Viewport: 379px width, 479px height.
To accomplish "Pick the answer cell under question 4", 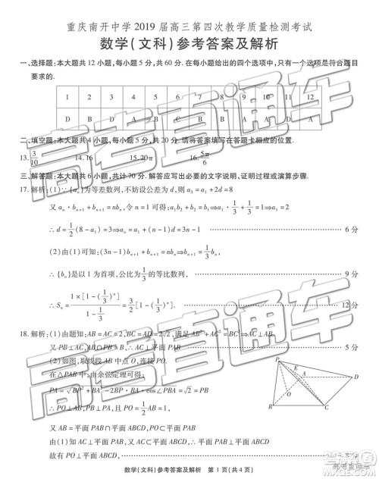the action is [134, 118].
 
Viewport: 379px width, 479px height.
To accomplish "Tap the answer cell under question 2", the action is [89, 118].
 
